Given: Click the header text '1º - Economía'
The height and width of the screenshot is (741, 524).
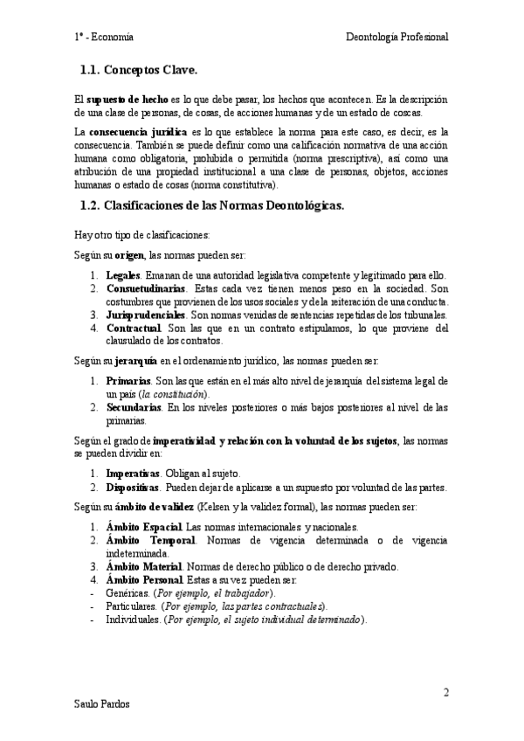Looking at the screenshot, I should (x=104, y=38).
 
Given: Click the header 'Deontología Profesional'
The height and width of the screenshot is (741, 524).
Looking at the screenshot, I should (x=397, y=38).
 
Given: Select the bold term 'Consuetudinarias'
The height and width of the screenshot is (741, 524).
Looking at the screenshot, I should (x=145, y=288).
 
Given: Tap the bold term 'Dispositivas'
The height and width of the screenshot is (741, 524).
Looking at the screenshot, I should (x=137, y=487).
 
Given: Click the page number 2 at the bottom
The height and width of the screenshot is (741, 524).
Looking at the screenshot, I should (x=445, y=693).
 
